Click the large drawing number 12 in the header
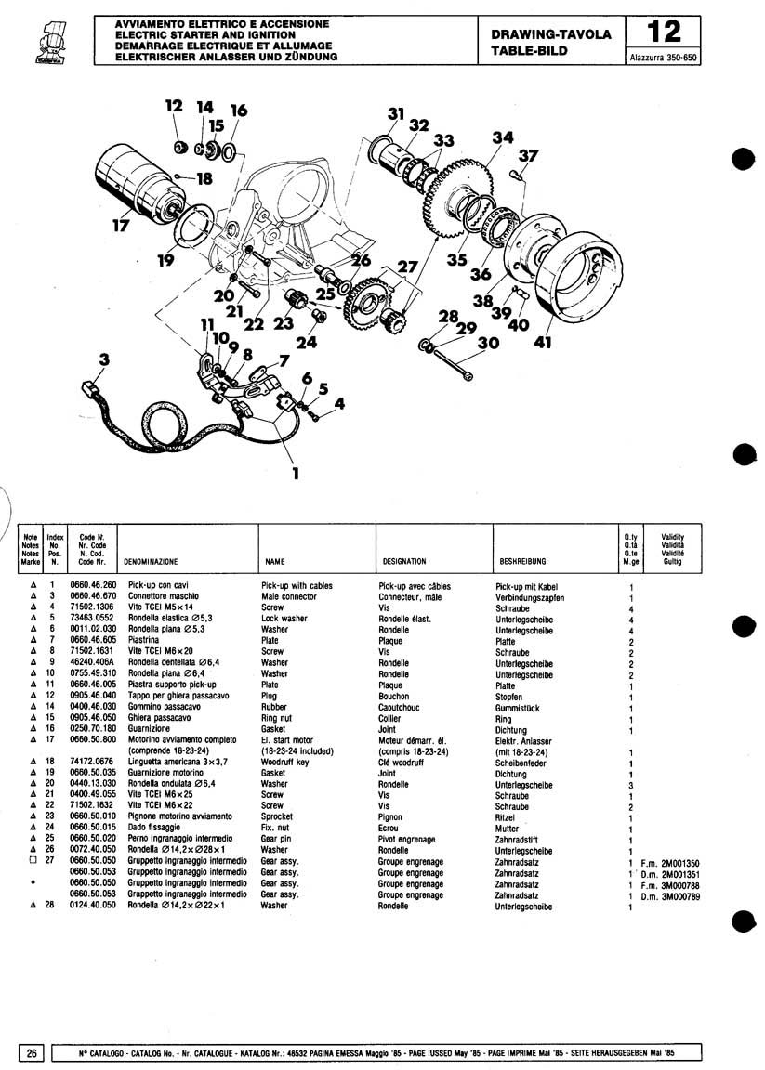point(664,33)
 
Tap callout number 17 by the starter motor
point(121,225)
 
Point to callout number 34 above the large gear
point(503,137)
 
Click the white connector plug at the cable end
point(90,389)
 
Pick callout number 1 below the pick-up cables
point(295,473)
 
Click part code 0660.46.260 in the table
point(93,585)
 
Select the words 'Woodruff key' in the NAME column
point(284,763)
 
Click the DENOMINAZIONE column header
point(151,562)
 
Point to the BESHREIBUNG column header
point(522,562)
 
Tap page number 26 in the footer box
point(32,1053)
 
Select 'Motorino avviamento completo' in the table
point(182,739)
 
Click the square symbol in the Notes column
point(33,861)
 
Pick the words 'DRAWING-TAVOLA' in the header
point(550,34)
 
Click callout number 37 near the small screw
point(528,156)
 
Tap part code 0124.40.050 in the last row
point(93,905)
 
